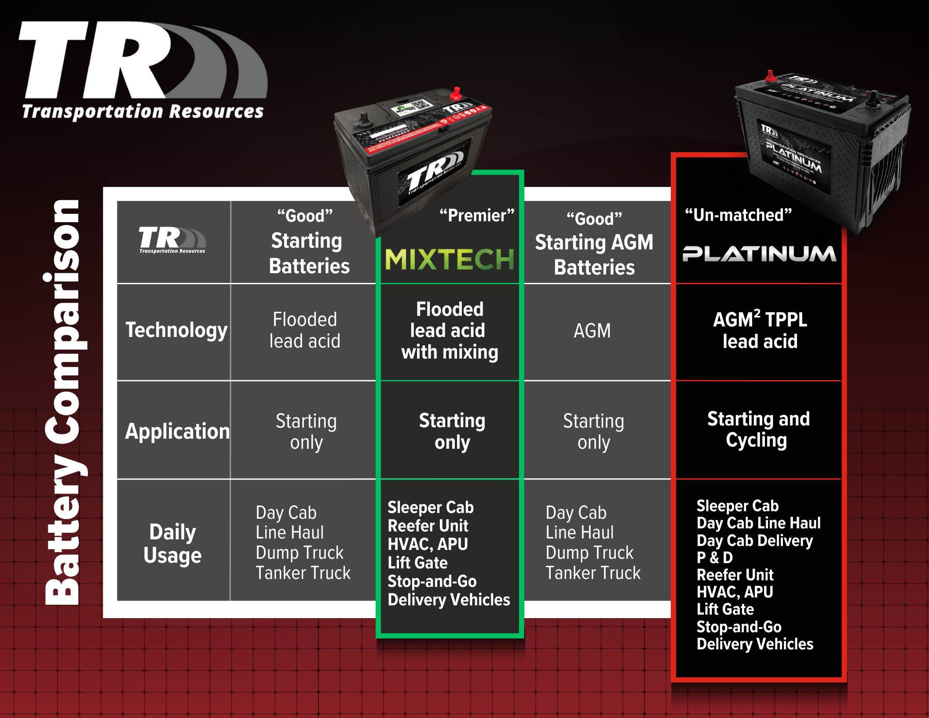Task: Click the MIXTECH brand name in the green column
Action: (450, 259)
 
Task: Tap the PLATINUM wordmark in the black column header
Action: (759, 254)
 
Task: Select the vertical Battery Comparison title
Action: (64, 403)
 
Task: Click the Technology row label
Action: (176, 330)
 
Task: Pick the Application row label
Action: (177, 431)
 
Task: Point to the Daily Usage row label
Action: (172, 543)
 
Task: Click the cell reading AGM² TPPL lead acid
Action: (760, 330)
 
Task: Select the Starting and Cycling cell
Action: (758, 429)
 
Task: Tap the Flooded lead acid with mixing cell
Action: (450, 330)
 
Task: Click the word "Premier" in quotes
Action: (477, 216)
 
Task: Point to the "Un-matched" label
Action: (738, 215)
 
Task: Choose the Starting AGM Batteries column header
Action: (594, 254)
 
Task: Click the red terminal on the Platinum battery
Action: (770, 77)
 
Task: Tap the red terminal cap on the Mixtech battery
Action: (456, 94)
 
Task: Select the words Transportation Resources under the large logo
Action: (143, 112)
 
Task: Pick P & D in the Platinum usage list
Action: (714, 557)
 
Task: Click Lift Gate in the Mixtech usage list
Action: (417, 563)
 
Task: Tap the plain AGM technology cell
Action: (592, 331)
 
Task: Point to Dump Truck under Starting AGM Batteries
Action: (589, 553)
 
